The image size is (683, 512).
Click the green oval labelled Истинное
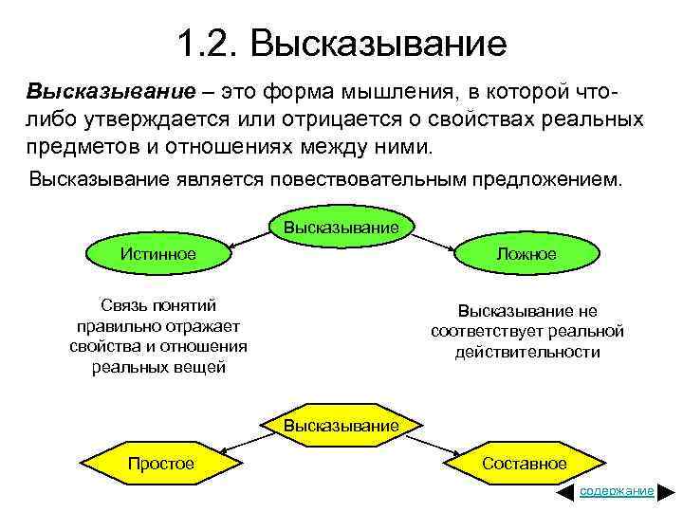158,254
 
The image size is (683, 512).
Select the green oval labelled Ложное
525,254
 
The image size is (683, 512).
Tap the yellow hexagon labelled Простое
161,464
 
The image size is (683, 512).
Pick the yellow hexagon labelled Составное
524,464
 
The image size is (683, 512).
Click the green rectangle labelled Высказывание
341,228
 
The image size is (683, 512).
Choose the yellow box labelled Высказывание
341,426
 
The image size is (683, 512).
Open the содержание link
617,491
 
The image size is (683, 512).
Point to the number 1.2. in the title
207,43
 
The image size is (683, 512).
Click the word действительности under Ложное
527,352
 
